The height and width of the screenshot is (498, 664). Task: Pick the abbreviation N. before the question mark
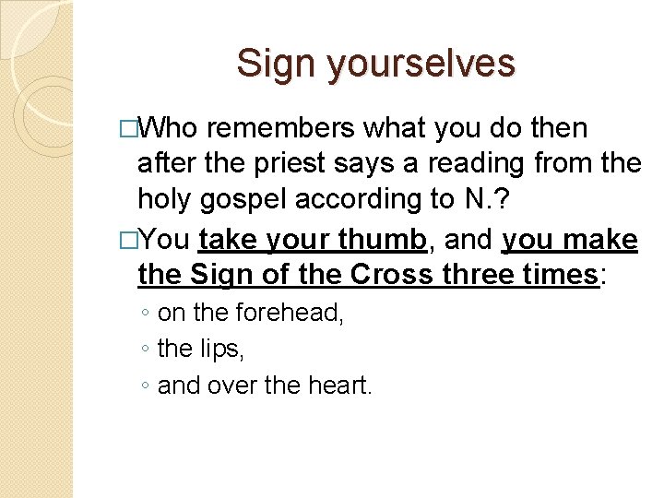(469, 199)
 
